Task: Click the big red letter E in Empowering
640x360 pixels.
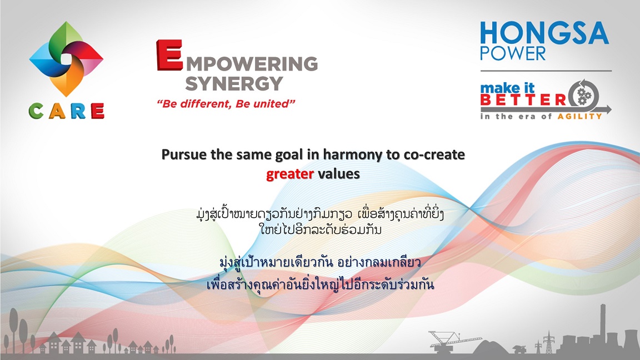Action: [x=169, y=55]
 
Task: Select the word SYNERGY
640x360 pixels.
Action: [x=234, y=84]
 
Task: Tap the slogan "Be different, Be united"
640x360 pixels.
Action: [x=226, y=104]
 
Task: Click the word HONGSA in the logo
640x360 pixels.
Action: [x=544, y=33]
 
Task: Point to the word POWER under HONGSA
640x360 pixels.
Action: [x=513, y=53]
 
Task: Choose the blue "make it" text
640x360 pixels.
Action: [x=507, y=88]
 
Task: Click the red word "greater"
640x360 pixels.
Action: [x=290, y=174]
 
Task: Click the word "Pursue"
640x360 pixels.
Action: [x=184, y=154]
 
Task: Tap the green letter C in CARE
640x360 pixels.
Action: [x=36, y=111]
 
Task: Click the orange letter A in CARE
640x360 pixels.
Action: [x=57, y=111]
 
